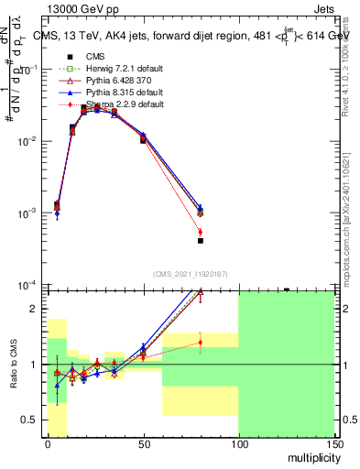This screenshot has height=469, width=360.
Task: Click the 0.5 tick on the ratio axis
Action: coord(31,420)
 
